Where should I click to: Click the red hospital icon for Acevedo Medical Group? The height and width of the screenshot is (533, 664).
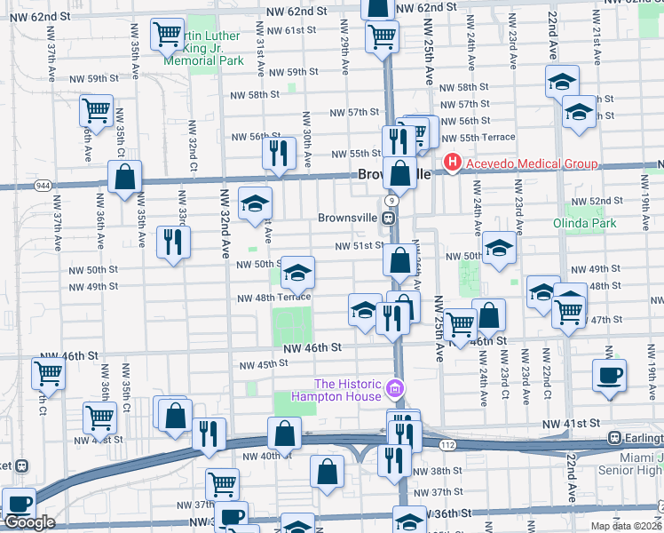tap(453, 163)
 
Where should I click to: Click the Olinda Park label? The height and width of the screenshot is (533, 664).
tap(584, 223)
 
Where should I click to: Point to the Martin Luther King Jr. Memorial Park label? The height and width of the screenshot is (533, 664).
tap(203, 49)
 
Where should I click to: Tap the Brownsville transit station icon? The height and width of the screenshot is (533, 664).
tap(388, 218)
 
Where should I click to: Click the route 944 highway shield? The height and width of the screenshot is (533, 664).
tap(43, 185)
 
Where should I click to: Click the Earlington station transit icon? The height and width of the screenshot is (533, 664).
tap(613, 438)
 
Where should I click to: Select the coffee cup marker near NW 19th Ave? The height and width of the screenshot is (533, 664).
tap(609, 375)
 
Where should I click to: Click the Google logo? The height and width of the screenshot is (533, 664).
tap(29, 522)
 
